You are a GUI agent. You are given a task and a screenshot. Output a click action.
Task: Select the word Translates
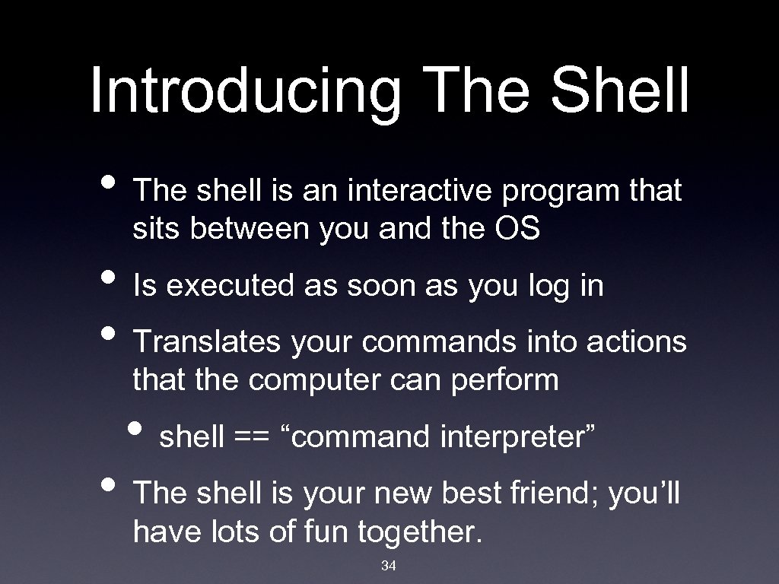(x=208, y=342)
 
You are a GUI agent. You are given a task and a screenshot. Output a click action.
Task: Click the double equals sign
(x=253, y=438)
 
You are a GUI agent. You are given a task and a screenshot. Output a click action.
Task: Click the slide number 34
(x=389, y=566)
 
